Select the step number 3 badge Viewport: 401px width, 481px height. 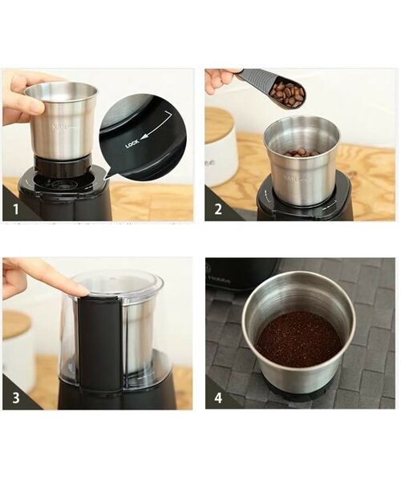(x=14, y=399)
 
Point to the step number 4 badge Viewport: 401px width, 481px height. (x=216, y=399)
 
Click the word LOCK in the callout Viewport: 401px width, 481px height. (x=132, y=144)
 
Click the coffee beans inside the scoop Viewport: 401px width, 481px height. (x=286, y=95)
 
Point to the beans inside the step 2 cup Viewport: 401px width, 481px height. (x=301, y=152)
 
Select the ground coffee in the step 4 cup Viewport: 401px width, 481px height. (x=298, y=339)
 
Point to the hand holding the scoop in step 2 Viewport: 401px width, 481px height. (x=218, y=79)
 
